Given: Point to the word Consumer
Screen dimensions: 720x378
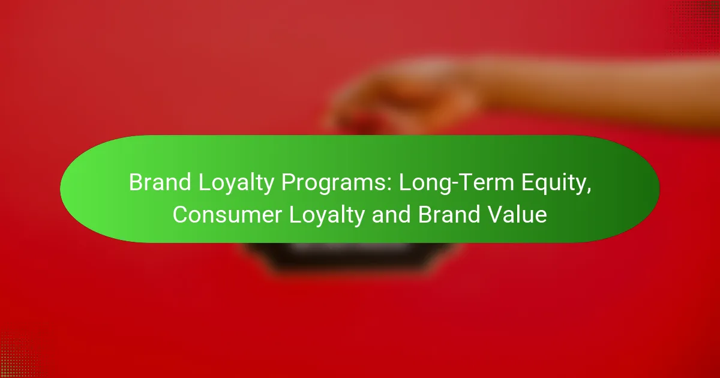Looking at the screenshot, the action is tap(227, 215).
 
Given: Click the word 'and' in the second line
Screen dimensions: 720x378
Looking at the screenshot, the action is tap(391, 215).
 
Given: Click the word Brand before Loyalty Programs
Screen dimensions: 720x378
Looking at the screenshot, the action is tap(160, 182).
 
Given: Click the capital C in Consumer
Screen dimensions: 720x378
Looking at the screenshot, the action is tap(181, 215).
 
